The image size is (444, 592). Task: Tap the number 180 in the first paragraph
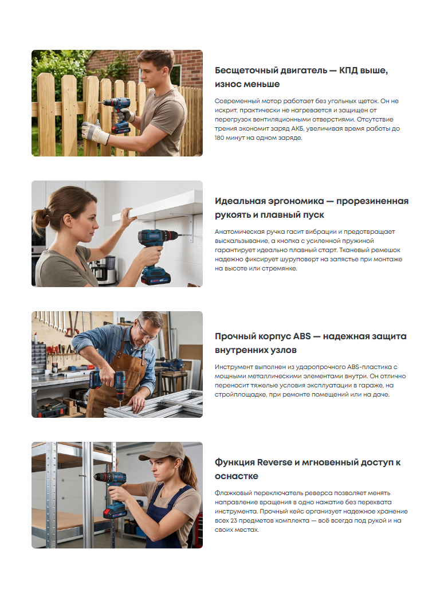[219, 138]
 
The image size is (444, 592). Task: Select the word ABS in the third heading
[302, 336]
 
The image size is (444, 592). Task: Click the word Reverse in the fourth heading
[274, 462]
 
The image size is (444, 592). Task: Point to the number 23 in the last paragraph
[234, 520]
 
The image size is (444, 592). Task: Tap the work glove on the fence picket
[95, 132]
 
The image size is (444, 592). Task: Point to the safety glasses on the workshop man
[147, 331]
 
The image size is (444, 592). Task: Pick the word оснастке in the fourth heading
[237, 476]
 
